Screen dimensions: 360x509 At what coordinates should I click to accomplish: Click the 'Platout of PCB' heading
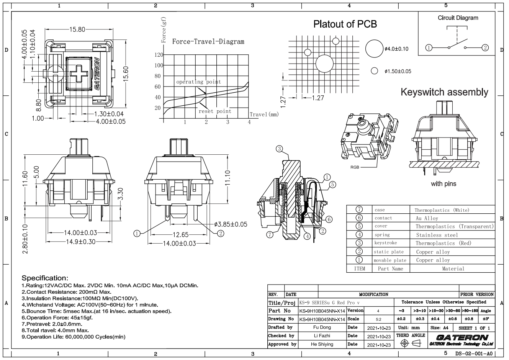(x=345, y=24)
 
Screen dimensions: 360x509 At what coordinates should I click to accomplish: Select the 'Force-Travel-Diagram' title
(x=208, y=41)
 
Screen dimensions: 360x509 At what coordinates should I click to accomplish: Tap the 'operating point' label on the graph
(x=198, y=82)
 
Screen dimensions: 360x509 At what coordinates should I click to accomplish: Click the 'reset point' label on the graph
(x=214, y=111)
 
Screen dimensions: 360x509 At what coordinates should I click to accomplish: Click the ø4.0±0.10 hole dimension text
(x=396, y=49)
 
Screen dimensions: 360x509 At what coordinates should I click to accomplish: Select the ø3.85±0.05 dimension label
(x=231, y=224)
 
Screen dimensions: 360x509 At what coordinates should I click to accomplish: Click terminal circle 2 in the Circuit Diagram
(x=485, y=47)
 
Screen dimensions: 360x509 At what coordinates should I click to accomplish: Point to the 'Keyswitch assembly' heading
(x=444, y=92)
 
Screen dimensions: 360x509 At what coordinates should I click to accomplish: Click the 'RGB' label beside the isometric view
(x=355, y=167)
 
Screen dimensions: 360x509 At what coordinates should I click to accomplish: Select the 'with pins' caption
(x=444, y=184)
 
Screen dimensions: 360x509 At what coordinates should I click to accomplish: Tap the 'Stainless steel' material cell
(x=437, y=235)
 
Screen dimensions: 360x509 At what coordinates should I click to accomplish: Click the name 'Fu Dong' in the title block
(x=322, y=327)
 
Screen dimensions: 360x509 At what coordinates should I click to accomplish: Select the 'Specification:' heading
(x=45, y=278)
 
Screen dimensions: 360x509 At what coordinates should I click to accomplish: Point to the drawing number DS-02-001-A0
(x=473, y=353)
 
